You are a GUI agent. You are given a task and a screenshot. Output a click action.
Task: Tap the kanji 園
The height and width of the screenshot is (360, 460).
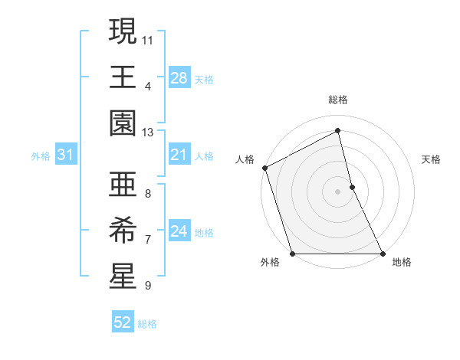tap(123, 123)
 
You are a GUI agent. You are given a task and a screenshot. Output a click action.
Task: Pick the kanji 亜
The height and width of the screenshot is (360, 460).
tap(123, 184)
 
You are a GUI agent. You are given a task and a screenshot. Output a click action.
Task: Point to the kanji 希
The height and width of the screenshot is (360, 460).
tap(123, 228)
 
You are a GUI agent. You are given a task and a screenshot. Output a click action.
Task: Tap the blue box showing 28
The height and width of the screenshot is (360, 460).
tap(179, 78)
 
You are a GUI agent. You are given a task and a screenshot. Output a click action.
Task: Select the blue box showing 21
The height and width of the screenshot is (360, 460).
tap(179, 155)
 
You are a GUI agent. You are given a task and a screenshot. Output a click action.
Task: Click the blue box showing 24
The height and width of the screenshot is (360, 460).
tap(179, 232)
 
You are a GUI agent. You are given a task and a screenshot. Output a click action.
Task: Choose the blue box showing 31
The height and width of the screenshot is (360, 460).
tap(65, 155)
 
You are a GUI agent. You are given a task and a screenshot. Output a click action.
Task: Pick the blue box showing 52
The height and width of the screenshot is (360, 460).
tap(123, 323)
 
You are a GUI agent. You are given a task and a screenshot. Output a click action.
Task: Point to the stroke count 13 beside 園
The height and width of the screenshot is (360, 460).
tap(148, 133)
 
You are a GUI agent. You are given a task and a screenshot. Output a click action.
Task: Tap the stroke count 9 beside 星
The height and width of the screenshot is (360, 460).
tap(147, 286)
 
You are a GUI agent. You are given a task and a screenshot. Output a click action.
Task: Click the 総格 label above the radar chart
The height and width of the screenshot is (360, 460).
tap(337, 100)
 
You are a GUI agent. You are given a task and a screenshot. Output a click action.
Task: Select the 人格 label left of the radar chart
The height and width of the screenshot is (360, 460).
tap(245, 159)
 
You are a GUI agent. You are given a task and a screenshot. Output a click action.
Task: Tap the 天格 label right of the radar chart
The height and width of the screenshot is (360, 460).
tap(432, 159)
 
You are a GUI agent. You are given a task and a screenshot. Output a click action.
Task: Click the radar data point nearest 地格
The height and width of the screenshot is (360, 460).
tap(382, 254)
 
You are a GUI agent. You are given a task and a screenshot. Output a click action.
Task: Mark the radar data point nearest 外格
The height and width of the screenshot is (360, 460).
tap(292, 254)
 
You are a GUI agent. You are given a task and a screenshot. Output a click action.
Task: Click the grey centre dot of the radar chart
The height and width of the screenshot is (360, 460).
tap(337, 191)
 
